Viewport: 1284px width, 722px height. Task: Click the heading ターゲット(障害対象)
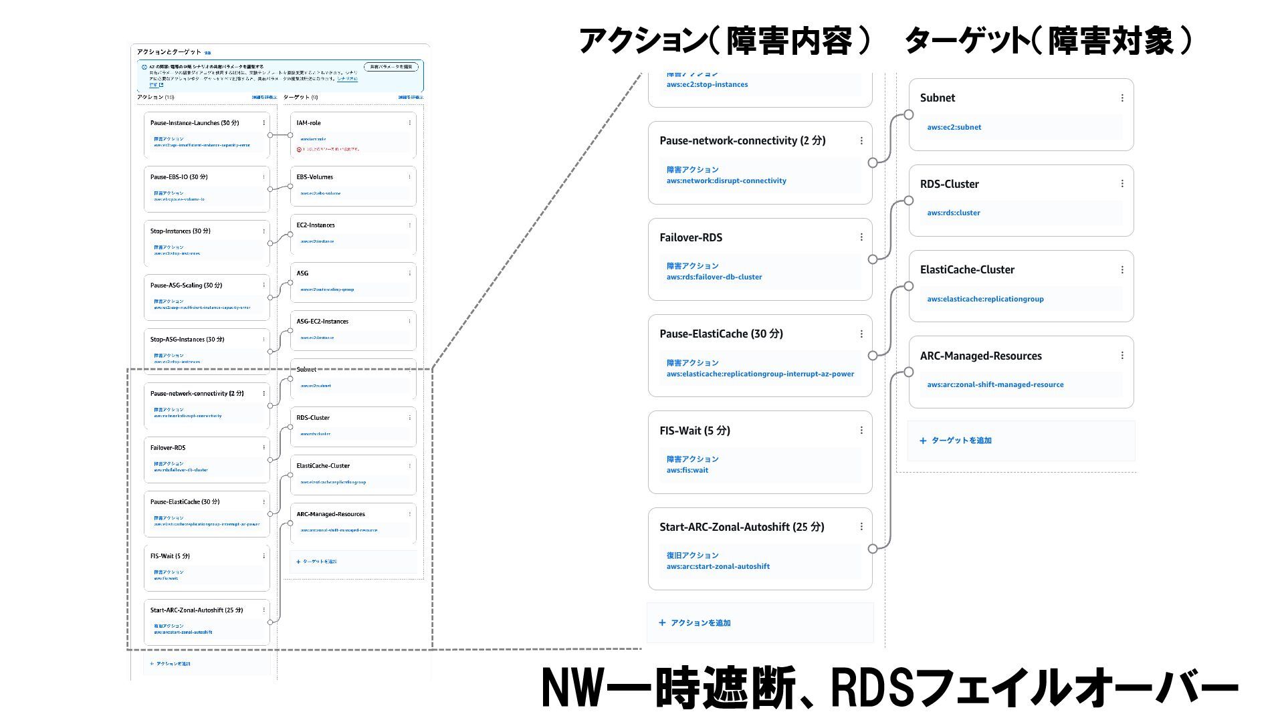1048,41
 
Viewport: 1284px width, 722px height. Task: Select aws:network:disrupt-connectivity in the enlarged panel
726,180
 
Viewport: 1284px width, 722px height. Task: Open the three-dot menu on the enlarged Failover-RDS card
861,237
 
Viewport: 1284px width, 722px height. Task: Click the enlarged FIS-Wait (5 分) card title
695,431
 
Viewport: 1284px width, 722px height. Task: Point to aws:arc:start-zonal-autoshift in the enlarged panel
718,566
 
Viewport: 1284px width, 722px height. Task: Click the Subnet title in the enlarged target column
937,98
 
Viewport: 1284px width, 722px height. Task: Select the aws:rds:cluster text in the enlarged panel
954,213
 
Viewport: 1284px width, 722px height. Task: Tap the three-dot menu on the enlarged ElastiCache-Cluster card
1122,270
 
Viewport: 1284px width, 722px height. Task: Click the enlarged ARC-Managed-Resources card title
980,356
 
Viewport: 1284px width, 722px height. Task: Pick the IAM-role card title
308,123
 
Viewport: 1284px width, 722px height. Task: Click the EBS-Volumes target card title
314,177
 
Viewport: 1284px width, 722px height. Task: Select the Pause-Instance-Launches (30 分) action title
195,123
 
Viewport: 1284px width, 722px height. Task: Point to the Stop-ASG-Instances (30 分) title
187,340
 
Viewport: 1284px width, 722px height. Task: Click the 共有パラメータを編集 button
391,67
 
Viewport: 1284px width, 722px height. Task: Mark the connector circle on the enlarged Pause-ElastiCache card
873,356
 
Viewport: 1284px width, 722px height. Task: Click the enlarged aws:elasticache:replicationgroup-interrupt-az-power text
760,374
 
